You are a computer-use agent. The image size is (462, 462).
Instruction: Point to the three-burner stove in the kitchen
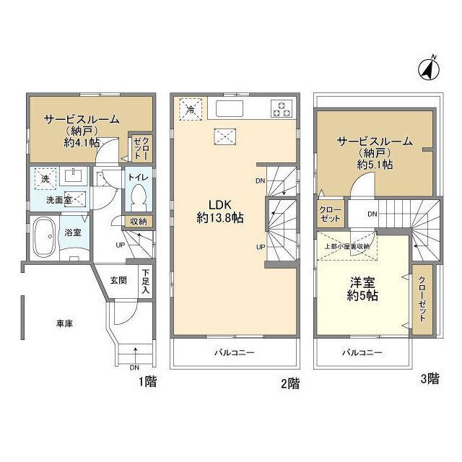pyautogui.click(x=280, y=110)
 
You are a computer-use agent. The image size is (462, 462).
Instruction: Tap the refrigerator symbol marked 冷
pyautogui.click(x=191, y=110)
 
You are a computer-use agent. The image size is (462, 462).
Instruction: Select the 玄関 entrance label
pyautogui.click(x=119, y=279)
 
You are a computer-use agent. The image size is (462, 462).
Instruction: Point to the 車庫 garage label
pyautogui.click(x=65, y=324)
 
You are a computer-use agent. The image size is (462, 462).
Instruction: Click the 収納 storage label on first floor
pyautogui.click(x=139, y=221)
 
